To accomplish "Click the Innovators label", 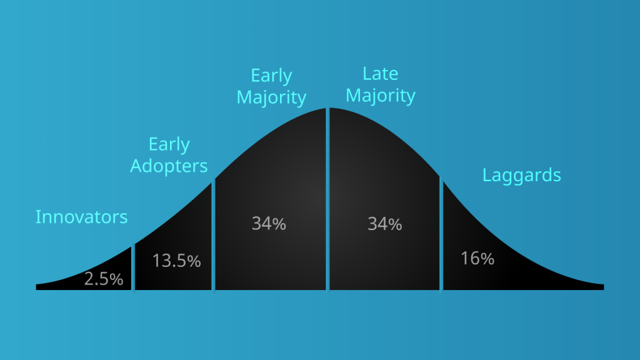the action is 82,217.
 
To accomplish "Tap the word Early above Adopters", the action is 169,145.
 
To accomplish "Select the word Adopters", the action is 169,166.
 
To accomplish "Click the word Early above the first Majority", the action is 271,76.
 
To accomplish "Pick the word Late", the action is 381,74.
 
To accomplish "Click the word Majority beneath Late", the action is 381,96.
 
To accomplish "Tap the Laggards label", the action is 522,176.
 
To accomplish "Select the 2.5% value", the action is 104,279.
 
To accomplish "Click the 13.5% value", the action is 176,261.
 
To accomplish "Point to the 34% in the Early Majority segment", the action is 269,224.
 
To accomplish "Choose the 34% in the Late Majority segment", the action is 385,224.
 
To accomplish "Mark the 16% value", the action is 477,259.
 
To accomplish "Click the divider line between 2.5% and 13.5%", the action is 134,268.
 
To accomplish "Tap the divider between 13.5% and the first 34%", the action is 214,235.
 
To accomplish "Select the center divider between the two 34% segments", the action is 327,200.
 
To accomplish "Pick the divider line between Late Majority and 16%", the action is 441,234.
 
